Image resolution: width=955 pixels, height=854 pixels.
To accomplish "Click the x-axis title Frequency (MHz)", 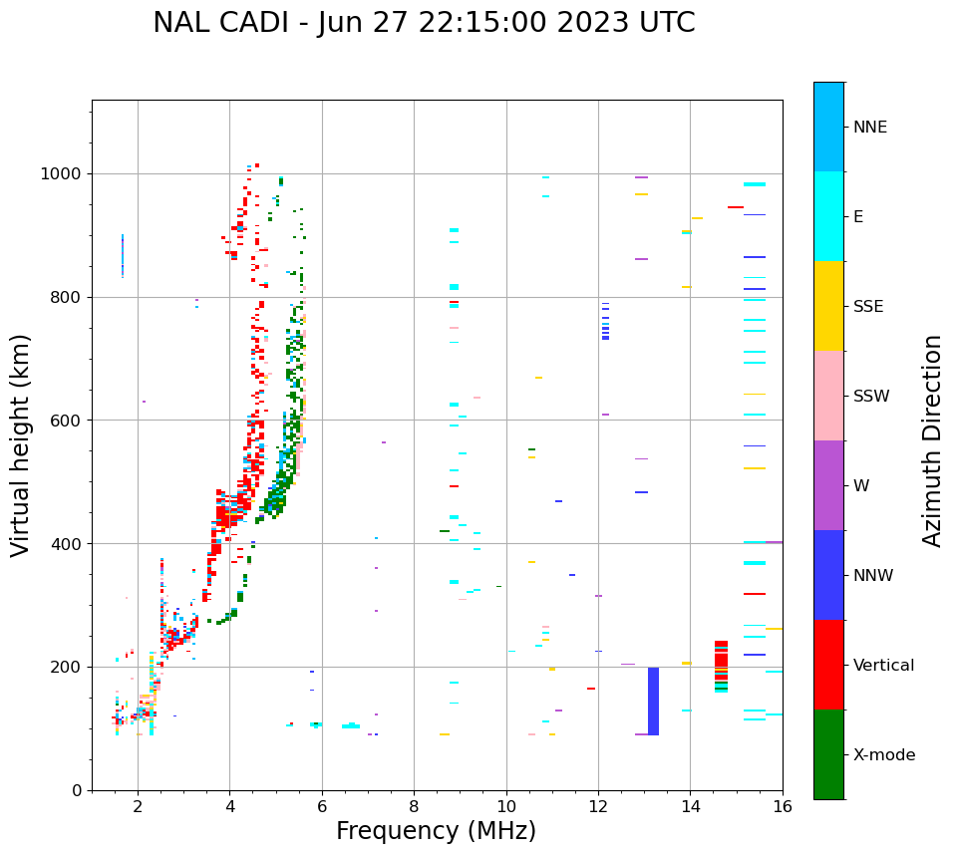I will [x=436, y=831].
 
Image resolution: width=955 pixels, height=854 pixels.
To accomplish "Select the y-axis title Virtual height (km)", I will [x=21, y=444].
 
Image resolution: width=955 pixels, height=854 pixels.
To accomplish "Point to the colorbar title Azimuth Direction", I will [x=932, y=440].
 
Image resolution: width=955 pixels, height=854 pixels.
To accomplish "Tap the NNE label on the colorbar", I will [x=869, y=128].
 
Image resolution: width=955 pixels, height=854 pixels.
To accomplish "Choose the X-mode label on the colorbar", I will [x=884, y=755].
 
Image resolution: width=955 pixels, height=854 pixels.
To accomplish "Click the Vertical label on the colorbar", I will [x=884, y=666].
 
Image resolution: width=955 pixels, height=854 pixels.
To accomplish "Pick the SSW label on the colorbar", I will [x=871, y=397].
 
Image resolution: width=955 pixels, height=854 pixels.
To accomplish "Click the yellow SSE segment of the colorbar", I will [x=828, y=306].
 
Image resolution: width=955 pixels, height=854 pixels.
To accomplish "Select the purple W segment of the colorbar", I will [x=828, y=485].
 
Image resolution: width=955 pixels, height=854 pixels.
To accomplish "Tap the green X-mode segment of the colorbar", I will [x=828, y=754].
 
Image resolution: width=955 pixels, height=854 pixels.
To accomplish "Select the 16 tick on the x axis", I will [x=783, y=806].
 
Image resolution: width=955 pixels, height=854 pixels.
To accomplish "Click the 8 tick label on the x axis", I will [x=414, y=806].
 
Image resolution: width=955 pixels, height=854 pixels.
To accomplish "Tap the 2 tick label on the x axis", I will [x=138, y=806].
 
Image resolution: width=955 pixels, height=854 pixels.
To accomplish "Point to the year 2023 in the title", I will [x=587, y=23].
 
